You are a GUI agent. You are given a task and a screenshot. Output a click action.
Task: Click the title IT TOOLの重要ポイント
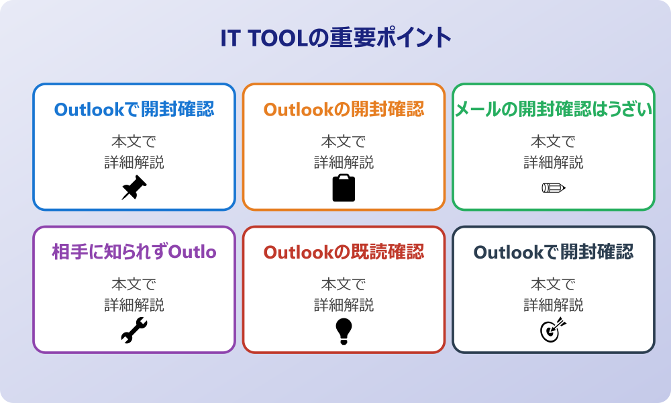[335, 38]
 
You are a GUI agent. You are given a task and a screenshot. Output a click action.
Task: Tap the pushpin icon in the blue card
[134, 187]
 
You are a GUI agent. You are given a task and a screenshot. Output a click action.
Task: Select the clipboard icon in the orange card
[344, 187]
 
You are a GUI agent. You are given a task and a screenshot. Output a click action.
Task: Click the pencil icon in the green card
[554, 187]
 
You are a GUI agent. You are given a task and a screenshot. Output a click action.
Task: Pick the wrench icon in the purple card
[134, 330]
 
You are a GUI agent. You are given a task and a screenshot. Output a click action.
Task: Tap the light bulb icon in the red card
[344, 331]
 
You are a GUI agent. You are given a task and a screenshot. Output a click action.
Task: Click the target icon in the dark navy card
[554, 330]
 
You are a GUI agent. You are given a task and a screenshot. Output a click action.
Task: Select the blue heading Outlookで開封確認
[134, 109]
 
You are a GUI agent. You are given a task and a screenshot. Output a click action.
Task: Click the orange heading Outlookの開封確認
[344, 109]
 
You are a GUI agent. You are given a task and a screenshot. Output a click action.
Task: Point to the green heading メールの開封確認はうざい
[554, 109]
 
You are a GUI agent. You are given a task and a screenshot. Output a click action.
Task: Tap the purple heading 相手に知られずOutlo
[134, 252]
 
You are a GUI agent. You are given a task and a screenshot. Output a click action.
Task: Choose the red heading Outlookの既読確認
[344, 252]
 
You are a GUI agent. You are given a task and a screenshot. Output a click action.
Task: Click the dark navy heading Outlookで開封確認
[554, 252]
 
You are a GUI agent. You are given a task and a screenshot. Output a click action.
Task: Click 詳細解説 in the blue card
[134, 163]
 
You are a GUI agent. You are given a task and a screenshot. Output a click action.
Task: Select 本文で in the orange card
[344, 141]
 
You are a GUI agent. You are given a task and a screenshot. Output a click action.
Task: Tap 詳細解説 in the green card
[554, 163]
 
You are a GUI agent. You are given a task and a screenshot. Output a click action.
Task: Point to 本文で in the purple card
[134, 283]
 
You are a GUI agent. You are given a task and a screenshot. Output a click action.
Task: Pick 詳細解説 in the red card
[344, 305]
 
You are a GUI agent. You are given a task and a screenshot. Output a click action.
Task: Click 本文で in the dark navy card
[554, 283]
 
